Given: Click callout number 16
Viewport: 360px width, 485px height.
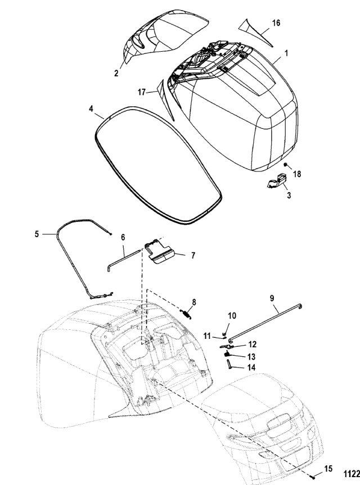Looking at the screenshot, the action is pos(276,23).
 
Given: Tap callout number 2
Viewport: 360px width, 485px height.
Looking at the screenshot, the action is pos(116,73).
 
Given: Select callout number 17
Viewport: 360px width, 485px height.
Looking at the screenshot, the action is pos(141,92).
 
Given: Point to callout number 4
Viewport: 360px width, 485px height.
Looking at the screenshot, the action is pos(91,109).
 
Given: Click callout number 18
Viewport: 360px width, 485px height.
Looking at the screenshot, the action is pos(297,174).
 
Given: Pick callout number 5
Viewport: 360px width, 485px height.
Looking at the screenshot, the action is pos(37,234).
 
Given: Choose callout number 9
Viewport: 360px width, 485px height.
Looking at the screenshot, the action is pos(272,298).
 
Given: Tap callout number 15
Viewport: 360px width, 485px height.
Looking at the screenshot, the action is pos(328,469).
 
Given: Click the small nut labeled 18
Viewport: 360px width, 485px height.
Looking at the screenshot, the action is pos(286,164).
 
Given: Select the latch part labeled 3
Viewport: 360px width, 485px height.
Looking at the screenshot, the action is pos(276,181).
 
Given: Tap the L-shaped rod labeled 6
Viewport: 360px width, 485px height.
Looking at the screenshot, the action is pos(124,260).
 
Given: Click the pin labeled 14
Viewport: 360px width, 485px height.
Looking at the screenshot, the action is pos(229,364).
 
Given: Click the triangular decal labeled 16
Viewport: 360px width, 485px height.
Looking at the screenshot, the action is pos(253,31).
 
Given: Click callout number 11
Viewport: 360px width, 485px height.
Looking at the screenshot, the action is pos(207,336).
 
